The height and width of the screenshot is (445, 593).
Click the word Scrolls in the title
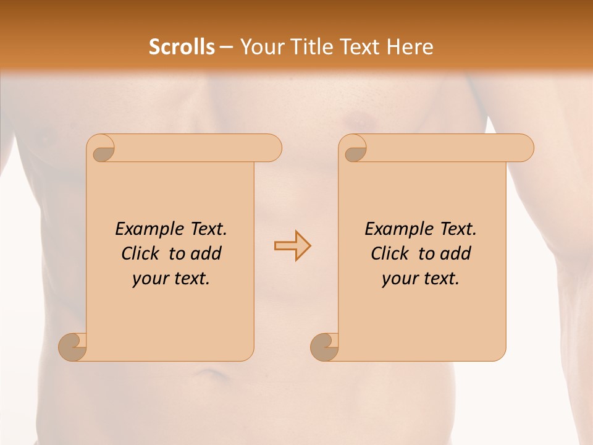pyautogui.click(x=182, y=47)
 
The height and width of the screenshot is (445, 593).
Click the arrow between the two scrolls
pyautogui.click(x=292, y=246)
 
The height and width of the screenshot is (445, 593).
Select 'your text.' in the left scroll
pyautogui.click(x=170, y=279)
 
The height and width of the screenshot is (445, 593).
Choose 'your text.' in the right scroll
pyautogui.click(x=420, y=279)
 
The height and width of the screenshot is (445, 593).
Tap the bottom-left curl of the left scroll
pyautogui.click(x=73, y=347)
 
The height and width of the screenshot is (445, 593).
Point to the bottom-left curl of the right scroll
pyautogui.click(x=324, y=347)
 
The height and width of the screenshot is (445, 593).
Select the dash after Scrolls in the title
pyautogui.click(x=227, y=47)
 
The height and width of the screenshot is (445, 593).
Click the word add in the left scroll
pyautogui.click(x=206, y=254)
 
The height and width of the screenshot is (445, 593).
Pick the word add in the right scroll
pyautogui.click(x=456, y=254)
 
